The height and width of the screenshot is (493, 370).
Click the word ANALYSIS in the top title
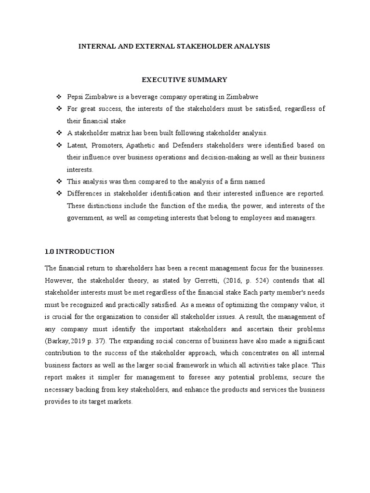251,46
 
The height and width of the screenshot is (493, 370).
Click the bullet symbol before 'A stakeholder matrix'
60,132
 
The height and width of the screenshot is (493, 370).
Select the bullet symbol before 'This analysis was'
60,182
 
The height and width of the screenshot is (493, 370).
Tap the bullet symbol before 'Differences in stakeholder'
60,194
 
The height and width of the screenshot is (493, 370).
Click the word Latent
77,145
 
